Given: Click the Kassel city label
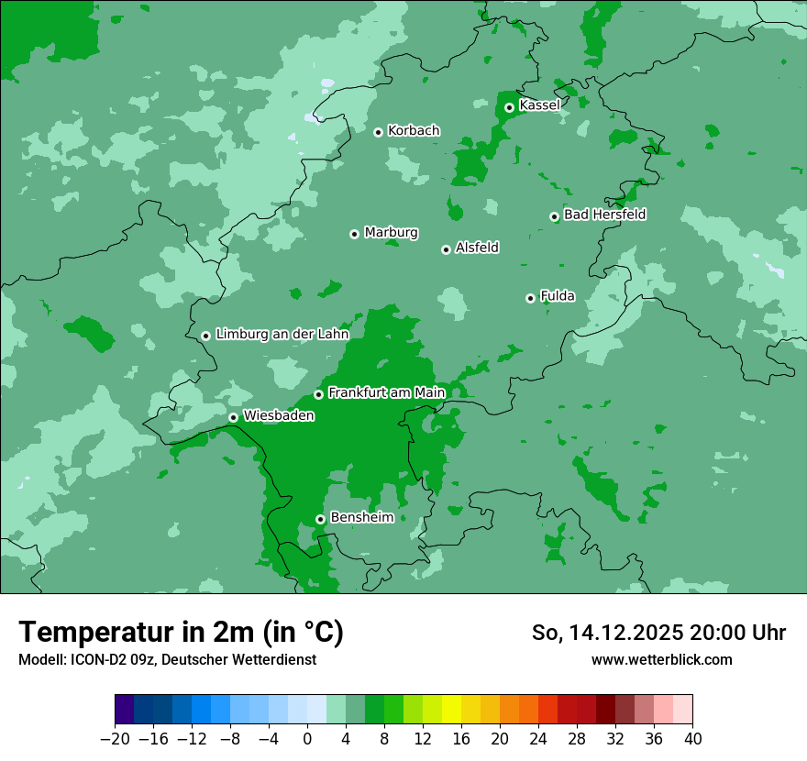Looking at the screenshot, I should point(539,105).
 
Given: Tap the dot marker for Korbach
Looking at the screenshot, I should point(378,132).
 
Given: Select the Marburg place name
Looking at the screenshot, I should point(391,233).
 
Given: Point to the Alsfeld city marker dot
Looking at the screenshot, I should point(446,249).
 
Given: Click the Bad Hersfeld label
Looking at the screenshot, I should point(604,215).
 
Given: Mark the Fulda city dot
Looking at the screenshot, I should point(530,298).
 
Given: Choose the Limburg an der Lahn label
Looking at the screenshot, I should point(282,335).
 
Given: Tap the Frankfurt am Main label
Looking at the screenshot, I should point(386,392).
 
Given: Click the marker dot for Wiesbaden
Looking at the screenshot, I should point(233,417).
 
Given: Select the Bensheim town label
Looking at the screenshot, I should point(361,517).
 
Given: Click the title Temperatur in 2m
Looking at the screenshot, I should point(181,633).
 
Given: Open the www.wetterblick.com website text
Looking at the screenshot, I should point(661,659).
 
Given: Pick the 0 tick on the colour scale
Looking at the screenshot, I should point(307,739).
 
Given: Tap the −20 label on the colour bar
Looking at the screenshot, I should point(115,739).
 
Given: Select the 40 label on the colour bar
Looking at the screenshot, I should point(692,739).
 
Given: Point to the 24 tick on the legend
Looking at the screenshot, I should point(538,739).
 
